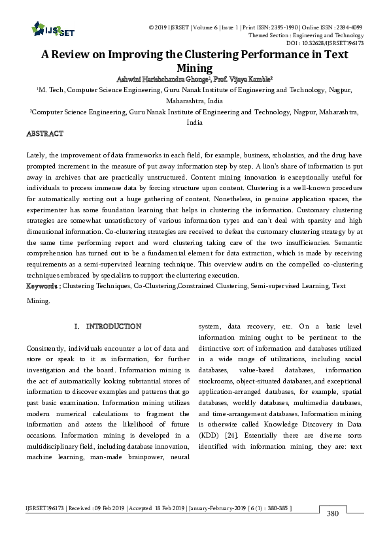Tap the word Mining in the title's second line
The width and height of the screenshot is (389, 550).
coord(194,68)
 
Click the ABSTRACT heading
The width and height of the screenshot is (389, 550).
coord(44,133)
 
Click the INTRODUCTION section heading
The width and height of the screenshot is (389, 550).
coord(113,326)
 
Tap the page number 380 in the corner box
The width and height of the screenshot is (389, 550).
coord(333,513)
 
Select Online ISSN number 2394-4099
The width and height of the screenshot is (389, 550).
coord(348,27)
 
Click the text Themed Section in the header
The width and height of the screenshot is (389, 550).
coord(268,35)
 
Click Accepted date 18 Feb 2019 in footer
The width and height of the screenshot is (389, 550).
coord(163,508)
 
